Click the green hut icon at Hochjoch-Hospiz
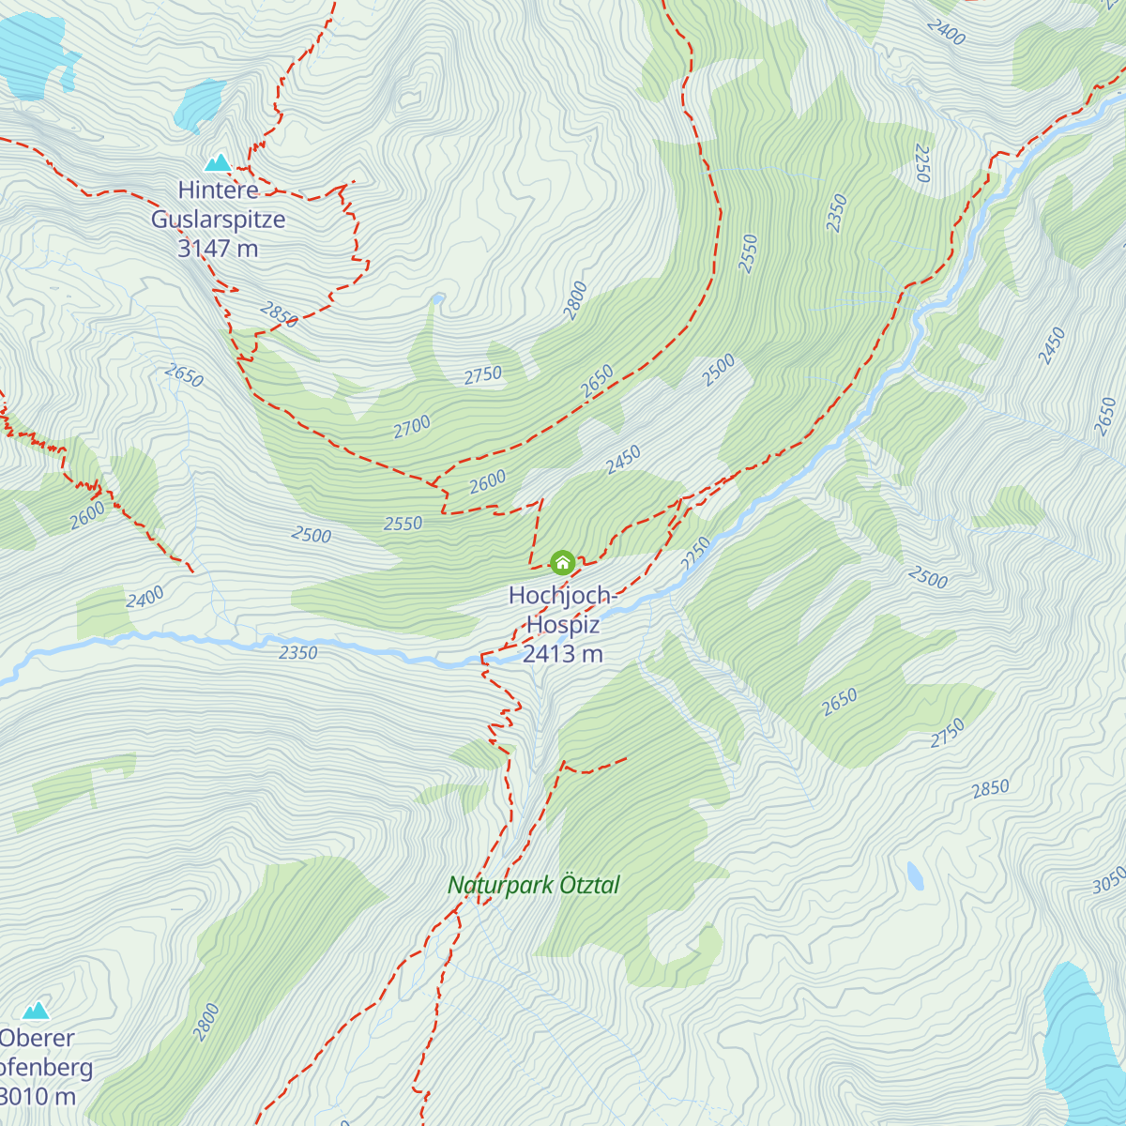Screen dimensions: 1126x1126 [x=562, y=562]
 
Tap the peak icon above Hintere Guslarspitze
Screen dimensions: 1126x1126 [x=219, y=162]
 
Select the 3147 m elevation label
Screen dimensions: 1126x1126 [x=218, y=249]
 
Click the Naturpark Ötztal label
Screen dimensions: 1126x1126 [x=533, y=885]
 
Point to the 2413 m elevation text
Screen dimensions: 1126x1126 [x=562, y=654]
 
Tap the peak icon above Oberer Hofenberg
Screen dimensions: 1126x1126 [x=36, y=1011]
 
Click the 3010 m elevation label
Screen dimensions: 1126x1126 [x=38, y=1096]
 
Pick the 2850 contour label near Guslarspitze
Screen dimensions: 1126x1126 [x=279, y=314]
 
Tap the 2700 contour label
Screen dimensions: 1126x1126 [x=412, y=427]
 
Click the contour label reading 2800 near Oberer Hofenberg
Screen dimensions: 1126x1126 [x=205, y=1022]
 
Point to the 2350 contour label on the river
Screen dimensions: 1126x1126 [x=297, y=652]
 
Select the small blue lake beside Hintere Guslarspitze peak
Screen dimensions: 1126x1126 [x=199, y=105]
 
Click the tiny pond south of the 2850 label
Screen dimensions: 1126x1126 [x=915, y=875]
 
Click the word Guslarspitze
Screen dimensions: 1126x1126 [x=218, y=220]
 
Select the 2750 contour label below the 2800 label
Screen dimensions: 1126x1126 [x=483, y=375]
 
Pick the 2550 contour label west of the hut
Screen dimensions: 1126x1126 [x=403, y=524]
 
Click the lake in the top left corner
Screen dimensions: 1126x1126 [x=33, y=52]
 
